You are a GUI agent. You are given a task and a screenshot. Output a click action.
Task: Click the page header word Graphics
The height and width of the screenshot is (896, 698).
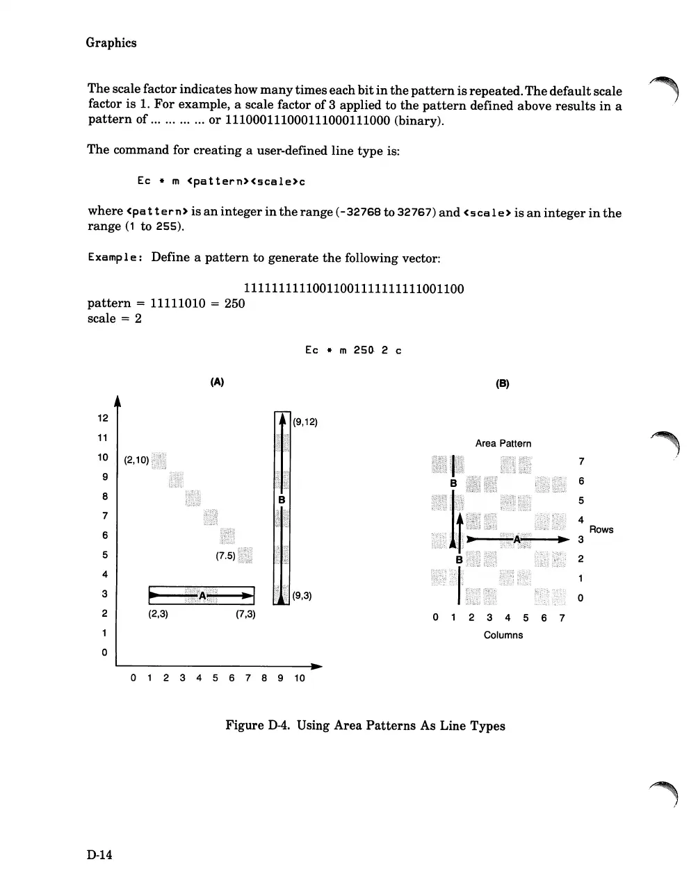[x=111, y=43]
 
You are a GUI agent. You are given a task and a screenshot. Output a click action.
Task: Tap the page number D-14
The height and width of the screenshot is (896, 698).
[x=100, y=854]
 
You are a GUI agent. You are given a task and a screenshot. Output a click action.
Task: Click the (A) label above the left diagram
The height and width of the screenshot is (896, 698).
[x=217, y=382]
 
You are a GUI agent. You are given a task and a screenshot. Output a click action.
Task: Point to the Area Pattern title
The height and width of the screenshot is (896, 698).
[x=503, y=443]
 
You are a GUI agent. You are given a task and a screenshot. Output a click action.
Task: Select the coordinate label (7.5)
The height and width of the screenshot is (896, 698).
[x=225, y=556]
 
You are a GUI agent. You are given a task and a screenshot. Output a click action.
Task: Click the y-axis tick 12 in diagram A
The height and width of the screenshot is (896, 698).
[x=103, y=418]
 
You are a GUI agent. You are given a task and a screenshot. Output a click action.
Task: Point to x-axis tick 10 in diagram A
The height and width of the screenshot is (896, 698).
[x=299, y=678]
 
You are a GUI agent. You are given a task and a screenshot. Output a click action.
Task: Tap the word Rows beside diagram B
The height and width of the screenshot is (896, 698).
[x=601, y=529]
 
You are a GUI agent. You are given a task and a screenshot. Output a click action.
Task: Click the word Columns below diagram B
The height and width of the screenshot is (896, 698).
[x=503, y=635]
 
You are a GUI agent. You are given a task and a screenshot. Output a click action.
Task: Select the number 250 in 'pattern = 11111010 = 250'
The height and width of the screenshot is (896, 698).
[x=234, y=304]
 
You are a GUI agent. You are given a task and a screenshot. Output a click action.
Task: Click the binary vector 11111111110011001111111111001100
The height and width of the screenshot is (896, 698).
[x=354, y=288]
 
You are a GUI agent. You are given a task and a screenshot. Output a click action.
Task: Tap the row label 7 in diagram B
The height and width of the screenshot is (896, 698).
[x=581, y=461]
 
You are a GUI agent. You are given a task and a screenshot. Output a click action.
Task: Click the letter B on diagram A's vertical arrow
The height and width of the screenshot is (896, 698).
[x=282, y=500]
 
